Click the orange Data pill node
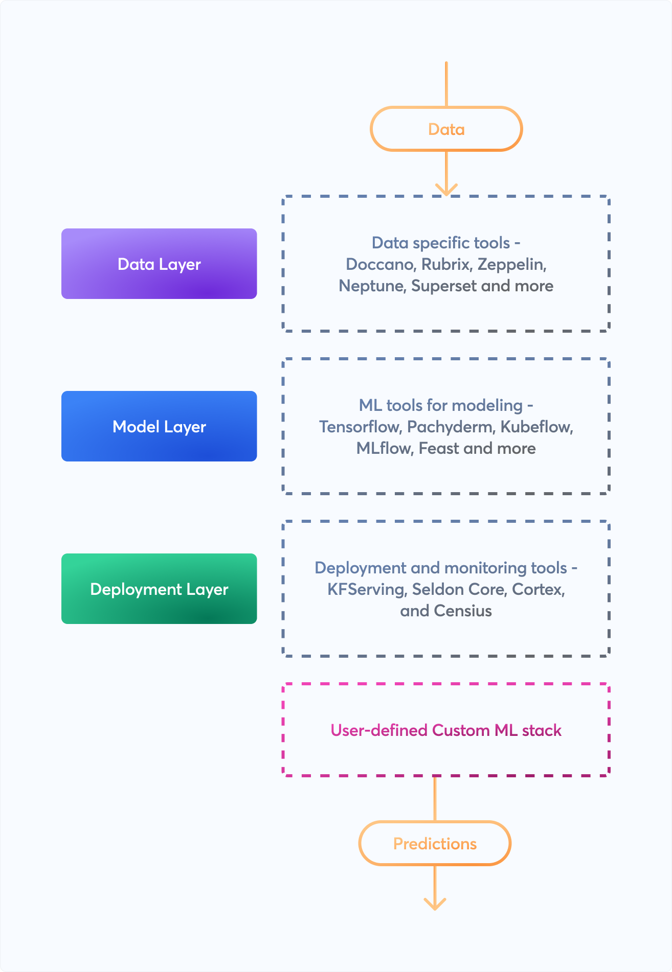(446, 129)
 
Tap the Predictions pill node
(435, 844)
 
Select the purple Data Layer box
(159, 264)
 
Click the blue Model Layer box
(159, 426)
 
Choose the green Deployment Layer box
(159, 589)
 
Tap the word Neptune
(372, 286)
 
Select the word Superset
(444, 286)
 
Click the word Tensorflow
(360, 427)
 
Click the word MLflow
(384, 448)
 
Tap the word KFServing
(366, 589)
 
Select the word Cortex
(537, 589)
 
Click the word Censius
(462, 611)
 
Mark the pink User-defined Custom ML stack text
(446, 730)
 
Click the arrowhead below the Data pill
(446, 190)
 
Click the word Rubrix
(445, 264)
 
